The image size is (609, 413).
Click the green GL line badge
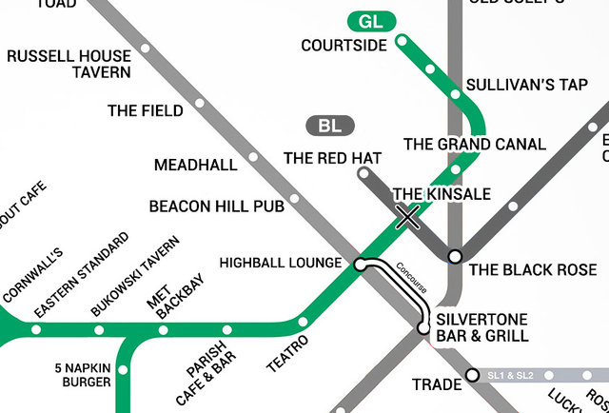tap(371, 21)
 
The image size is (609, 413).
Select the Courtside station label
tap(344, 45)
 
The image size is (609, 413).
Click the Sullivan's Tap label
tap(527, 86)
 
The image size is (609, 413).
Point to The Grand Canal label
tap(475, 145)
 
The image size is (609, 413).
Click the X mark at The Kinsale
tap(408, 218)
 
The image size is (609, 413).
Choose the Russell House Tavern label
tap(69, 64)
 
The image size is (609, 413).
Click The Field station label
tap(146, 111)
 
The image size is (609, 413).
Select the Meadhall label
tap(196, 166)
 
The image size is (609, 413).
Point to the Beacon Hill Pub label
tap(217, 206)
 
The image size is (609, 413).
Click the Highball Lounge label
tap(280, 263)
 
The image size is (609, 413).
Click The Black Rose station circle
tap(455, 256)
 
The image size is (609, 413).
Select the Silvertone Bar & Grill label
tap(481, 328)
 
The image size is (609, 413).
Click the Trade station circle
tap(472, 376)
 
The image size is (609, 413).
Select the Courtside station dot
tap(402, 41)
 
